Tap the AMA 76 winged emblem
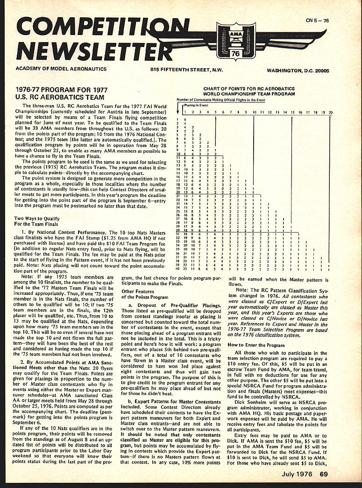tap(235, 41)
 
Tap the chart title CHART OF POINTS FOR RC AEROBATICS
tap(249, 88)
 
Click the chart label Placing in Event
tap(195, 106)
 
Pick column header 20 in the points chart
tap(330, 112)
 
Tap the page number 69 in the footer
tap(324, 475)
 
